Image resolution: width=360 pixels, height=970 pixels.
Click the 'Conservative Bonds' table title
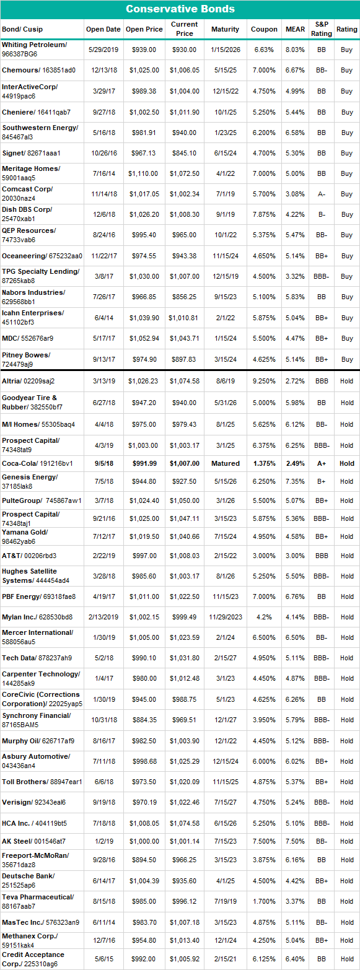(180, 9)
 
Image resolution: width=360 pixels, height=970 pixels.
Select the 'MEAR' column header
(295, 29)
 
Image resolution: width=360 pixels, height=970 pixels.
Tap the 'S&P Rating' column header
(321, 29)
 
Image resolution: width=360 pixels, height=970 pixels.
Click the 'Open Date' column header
(103, 29)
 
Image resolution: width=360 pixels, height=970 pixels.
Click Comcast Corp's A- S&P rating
(321, 194)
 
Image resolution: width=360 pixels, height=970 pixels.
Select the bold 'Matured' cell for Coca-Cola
(225, 463)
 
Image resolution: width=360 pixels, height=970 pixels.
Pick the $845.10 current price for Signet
(184, 153)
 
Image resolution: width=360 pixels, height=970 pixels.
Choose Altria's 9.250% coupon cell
(265, 381)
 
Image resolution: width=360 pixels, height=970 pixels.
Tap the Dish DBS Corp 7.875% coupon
(265, 215)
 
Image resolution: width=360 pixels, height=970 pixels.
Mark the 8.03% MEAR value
(295, 50)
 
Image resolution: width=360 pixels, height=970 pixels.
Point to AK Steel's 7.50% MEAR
(295, 841)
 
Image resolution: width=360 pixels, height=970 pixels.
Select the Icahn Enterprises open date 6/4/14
(103, 318)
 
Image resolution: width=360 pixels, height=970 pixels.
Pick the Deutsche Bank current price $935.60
(184, 880)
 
